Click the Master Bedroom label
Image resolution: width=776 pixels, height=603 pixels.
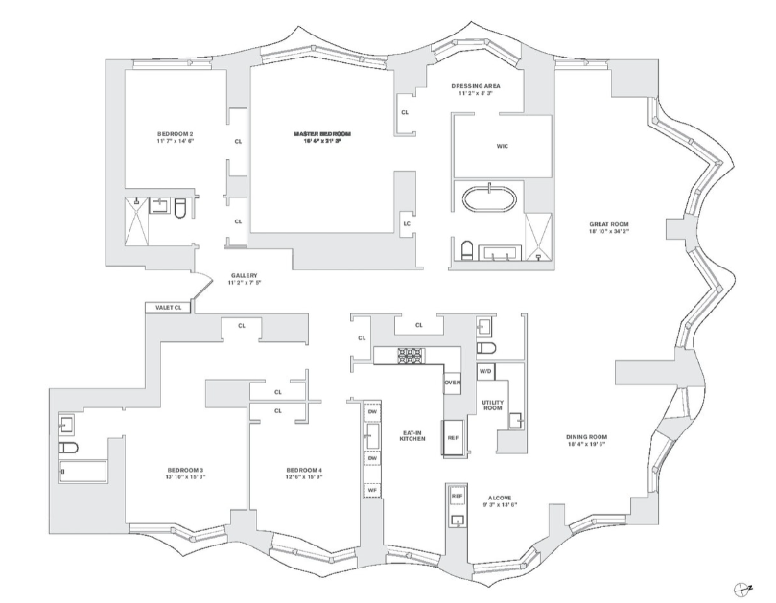click(x=321, y=133)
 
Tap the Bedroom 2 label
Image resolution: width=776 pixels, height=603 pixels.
click(x=176, y=133)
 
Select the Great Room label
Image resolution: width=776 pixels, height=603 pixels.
click(x=608, y=226)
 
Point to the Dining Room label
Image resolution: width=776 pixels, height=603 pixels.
click(x=586, y=437)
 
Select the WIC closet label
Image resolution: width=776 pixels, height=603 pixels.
click(x=502, y=147)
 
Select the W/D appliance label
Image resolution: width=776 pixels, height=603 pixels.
click(x=485, y=369)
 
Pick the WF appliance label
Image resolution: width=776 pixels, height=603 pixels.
click(x=371, y=490)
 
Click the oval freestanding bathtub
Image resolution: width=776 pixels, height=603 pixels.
click(x=490, y=201)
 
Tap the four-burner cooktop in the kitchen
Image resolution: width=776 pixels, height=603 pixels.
click(x=412, y=355)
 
